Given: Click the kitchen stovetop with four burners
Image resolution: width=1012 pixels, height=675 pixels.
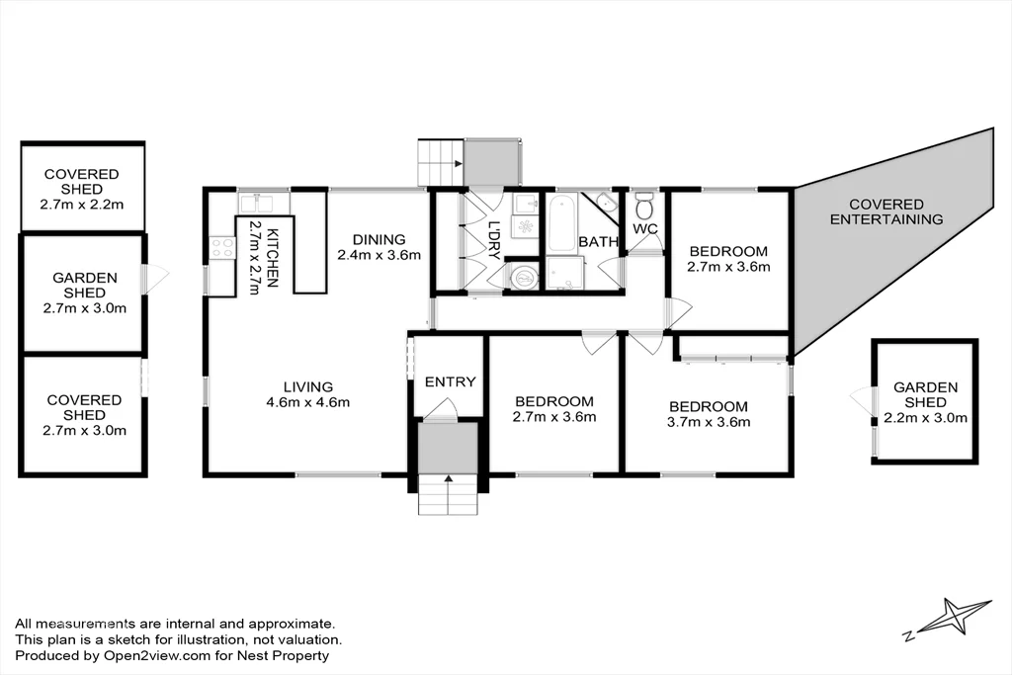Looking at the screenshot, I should [x=220, y=248].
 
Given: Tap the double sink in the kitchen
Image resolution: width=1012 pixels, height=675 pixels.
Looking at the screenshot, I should [x=263, y=204].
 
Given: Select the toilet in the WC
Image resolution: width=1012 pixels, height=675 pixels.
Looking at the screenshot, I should [x=644, y=209].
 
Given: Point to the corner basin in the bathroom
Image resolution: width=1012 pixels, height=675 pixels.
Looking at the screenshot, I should [x=606, y=204].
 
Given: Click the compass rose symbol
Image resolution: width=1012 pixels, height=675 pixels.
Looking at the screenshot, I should [x=951, y=619].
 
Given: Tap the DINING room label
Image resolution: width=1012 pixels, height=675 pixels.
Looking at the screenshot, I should [x=379, y=239].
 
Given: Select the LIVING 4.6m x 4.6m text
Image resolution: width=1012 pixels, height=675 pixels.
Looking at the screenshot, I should [x=307, y=394].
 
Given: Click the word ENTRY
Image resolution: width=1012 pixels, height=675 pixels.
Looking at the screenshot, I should [x=450, y=381].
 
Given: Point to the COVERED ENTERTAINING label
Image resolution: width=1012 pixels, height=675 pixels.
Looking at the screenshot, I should [x=885, y=211].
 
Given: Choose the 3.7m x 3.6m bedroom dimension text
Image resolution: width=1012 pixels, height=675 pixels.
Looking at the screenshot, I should [x=710, y=422].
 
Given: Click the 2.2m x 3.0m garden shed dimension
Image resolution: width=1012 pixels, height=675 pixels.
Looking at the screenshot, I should [x=926, y=418].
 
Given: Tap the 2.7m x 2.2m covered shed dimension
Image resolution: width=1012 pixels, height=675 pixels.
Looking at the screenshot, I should [x=81, y=205].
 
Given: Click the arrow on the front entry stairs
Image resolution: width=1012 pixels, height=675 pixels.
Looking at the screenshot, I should [x=449, y=479].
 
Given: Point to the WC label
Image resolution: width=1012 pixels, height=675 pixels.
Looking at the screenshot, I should [x=645, y=229].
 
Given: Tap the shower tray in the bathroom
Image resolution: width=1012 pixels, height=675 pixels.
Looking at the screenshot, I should [x=565, y=273].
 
